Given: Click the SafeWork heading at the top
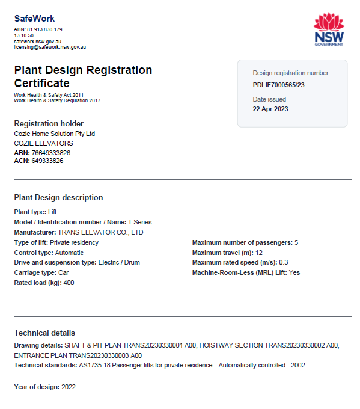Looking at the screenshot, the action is point(35,19).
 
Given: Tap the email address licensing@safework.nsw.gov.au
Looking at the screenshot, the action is point(50,46).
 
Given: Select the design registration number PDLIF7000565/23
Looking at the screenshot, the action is point(279,85).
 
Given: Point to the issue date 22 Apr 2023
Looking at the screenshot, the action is point(270,109).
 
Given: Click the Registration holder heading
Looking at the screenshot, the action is point(49,123).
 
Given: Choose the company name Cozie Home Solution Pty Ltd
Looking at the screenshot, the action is point(55,134).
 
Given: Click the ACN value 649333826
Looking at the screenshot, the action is point(47,161).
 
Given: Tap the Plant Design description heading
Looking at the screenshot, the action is point(58,197).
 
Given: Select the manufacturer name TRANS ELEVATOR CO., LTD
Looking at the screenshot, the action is point(100,232).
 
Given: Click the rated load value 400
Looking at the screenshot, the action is point(69,283).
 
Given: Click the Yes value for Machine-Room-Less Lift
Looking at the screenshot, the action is point(294,272).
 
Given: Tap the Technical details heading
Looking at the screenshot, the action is point(44,333).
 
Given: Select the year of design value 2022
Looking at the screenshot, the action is point(68,386).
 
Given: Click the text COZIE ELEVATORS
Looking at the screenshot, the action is point(43,143).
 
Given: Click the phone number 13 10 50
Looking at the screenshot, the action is point(23,35).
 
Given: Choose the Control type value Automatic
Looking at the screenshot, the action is point(69,253).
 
